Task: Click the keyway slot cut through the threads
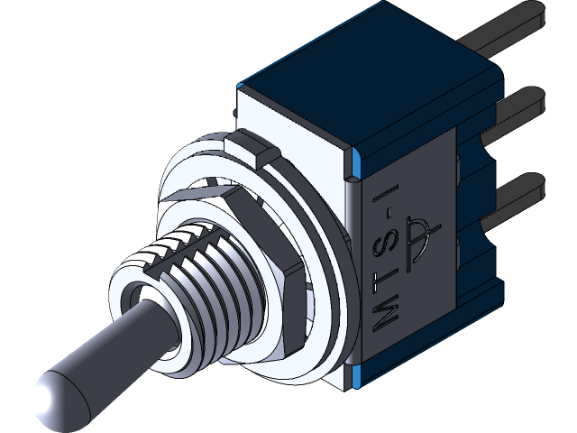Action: [180, 244]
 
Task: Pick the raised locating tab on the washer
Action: [250, 147]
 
